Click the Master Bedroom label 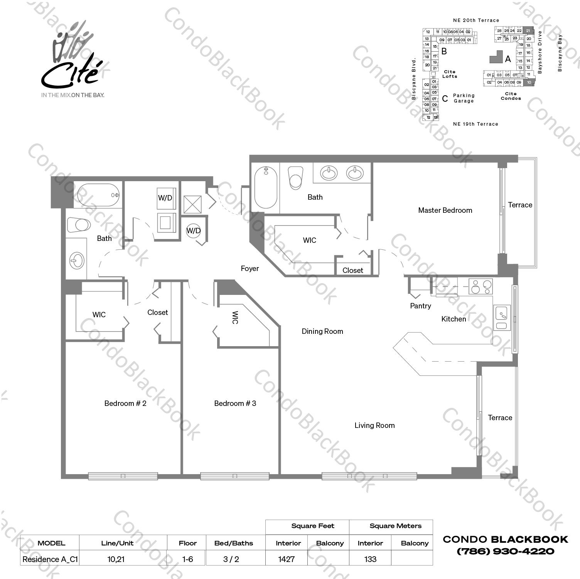445,210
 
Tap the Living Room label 374,425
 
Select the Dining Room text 322,331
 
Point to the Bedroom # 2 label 125,403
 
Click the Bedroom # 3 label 235,403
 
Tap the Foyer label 250,268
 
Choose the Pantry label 420,306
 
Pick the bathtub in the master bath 266,187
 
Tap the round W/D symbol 194,231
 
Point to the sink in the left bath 77,261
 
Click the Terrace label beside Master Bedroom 520,205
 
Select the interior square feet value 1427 286,559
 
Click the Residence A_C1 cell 50,559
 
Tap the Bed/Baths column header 234,543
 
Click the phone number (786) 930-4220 505,551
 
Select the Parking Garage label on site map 464,98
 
